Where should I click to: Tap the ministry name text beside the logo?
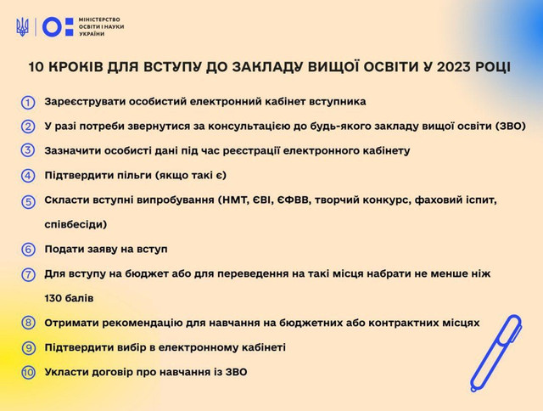pos(99,27)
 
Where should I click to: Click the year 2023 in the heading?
pos(459,65)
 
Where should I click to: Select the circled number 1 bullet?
pos(29,102)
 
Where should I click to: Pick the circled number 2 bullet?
pos(29,127)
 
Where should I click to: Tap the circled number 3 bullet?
pos(29,151)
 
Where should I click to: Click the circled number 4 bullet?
pos(29,176)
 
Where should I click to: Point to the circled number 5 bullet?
pos(29,201)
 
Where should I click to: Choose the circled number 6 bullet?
pos(29,250)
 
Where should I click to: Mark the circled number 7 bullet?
pos(29,274)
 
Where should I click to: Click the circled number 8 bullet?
pos(29,323)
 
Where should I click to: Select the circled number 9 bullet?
pos(29,347)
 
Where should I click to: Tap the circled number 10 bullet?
pos(29,372)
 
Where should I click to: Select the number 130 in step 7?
pos(55,298)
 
